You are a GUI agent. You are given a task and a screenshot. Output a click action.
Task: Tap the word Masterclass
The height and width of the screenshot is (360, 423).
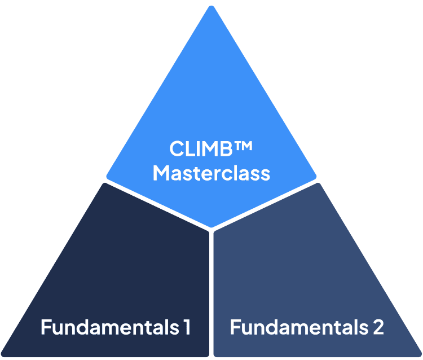[211, 173]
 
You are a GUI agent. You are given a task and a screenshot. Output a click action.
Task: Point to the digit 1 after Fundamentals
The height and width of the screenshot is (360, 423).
[186, 327]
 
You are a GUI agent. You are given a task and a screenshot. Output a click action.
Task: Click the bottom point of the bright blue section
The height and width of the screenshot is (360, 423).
[211, 227]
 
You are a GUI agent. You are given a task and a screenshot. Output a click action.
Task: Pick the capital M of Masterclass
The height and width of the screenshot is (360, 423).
[162, 173]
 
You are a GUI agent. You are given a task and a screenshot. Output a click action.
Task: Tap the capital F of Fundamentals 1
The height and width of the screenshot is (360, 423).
[45, 327]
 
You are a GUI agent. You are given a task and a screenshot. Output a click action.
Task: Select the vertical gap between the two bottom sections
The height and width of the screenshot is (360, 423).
[211, 293]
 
